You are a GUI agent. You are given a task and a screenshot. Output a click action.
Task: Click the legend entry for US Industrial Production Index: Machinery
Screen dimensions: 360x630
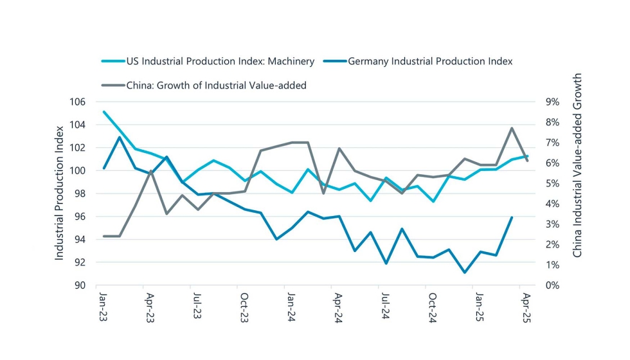(x=219, y=62)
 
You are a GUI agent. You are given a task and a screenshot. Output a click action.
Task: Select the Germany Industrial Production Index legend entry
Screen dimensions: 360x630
(x=429, y=62)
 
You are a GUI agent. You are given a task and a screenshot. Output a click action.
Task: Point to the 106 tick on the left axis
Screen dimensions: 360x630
(x=76, y=102)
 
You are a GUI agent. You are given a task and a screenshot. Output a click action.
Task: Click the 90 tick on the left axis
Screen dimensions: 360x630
(x=79, y=285)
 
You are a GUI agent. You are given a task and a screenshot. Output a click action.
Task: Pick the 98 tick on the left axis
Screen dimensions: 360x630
(x=79, y=194)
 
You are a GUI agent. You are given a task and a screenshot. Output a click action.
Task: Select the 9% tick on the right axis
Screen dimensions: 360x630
(x=552, y=102)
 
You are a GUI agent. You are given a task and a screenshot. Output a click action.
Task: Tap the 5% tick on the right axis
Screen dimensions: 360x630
(x=552, y=183)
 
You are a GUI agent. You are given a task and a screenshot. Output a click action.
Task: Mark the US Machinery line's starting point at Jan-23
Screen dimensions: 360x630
(x=104, y=111)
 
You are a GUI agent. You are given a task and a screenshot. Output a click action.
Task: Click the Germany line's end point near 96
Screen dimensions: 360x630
(x=512, y=217)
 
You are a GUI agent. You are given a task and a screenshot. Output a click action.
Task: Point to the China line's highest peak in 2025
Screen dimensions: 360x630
(x=512, y=128)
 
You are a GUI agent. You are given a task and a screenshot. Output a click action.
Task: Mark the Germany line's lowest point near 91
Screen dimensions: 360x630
(x=465, y=273)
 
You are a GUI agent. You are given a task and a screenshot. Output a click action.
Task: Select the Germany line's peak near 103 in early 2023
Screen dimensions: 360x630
(x=119, y=137)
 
